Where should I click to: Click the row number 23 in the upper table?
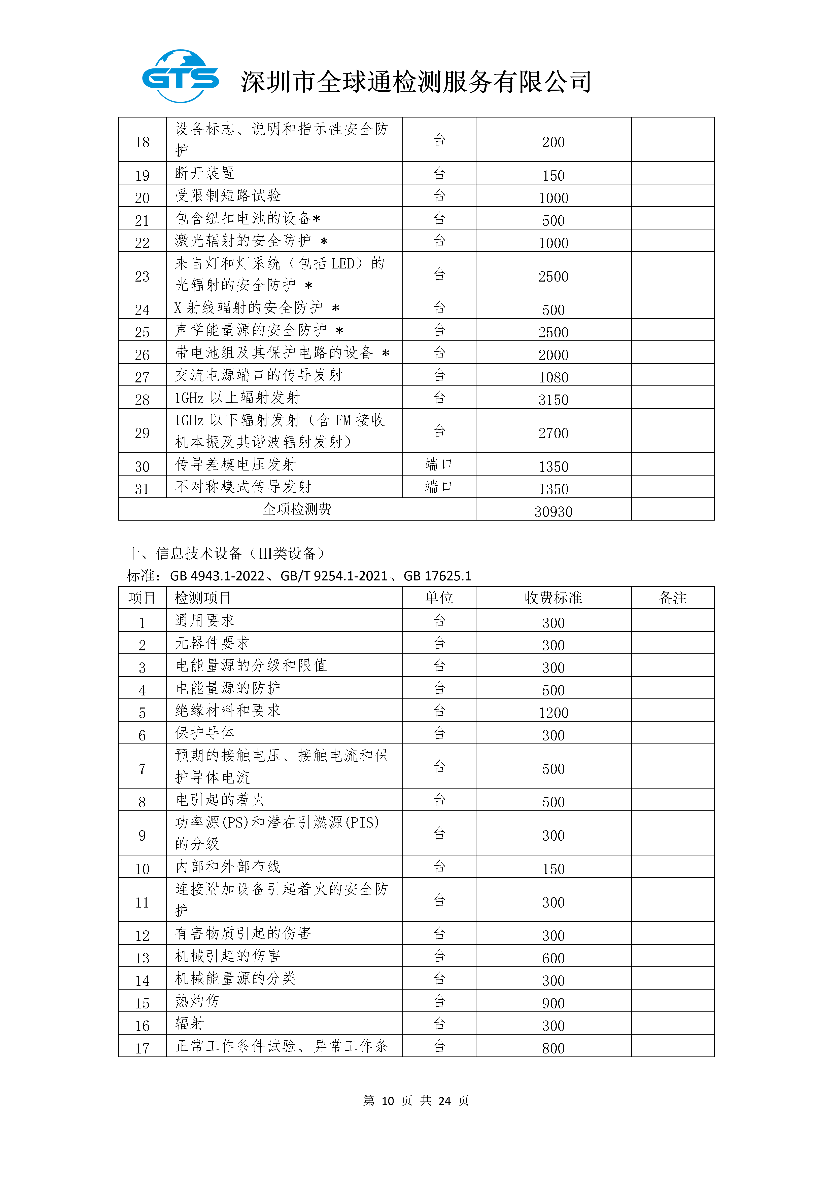[142, 276]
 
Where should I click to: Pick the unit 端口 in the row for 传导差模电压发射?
[439, 464]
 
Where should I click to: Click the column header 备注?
[672, 598]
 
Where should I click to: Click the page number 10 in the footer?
[388, 1101]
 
